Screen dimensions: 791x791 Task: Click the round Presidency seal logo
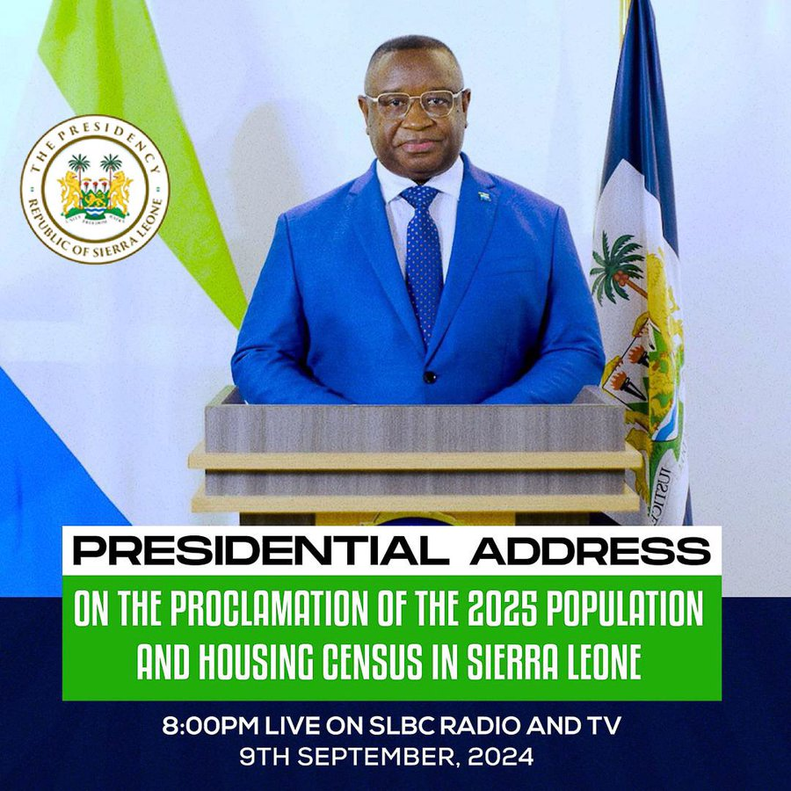click(x=95, y=188)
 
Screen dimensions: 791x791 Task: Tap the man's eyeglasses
click(x=415, y=104)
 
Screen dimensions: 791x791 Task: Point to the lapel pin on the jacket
click(x=484, y=195)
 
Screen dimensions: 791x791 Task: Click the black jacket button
click(x=430, y=377)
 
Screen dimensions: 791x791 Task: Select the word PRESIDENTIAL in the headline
click(x=263, y=551)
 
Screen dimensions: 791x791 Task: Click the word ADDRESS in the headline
click(x=589, y=551)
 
